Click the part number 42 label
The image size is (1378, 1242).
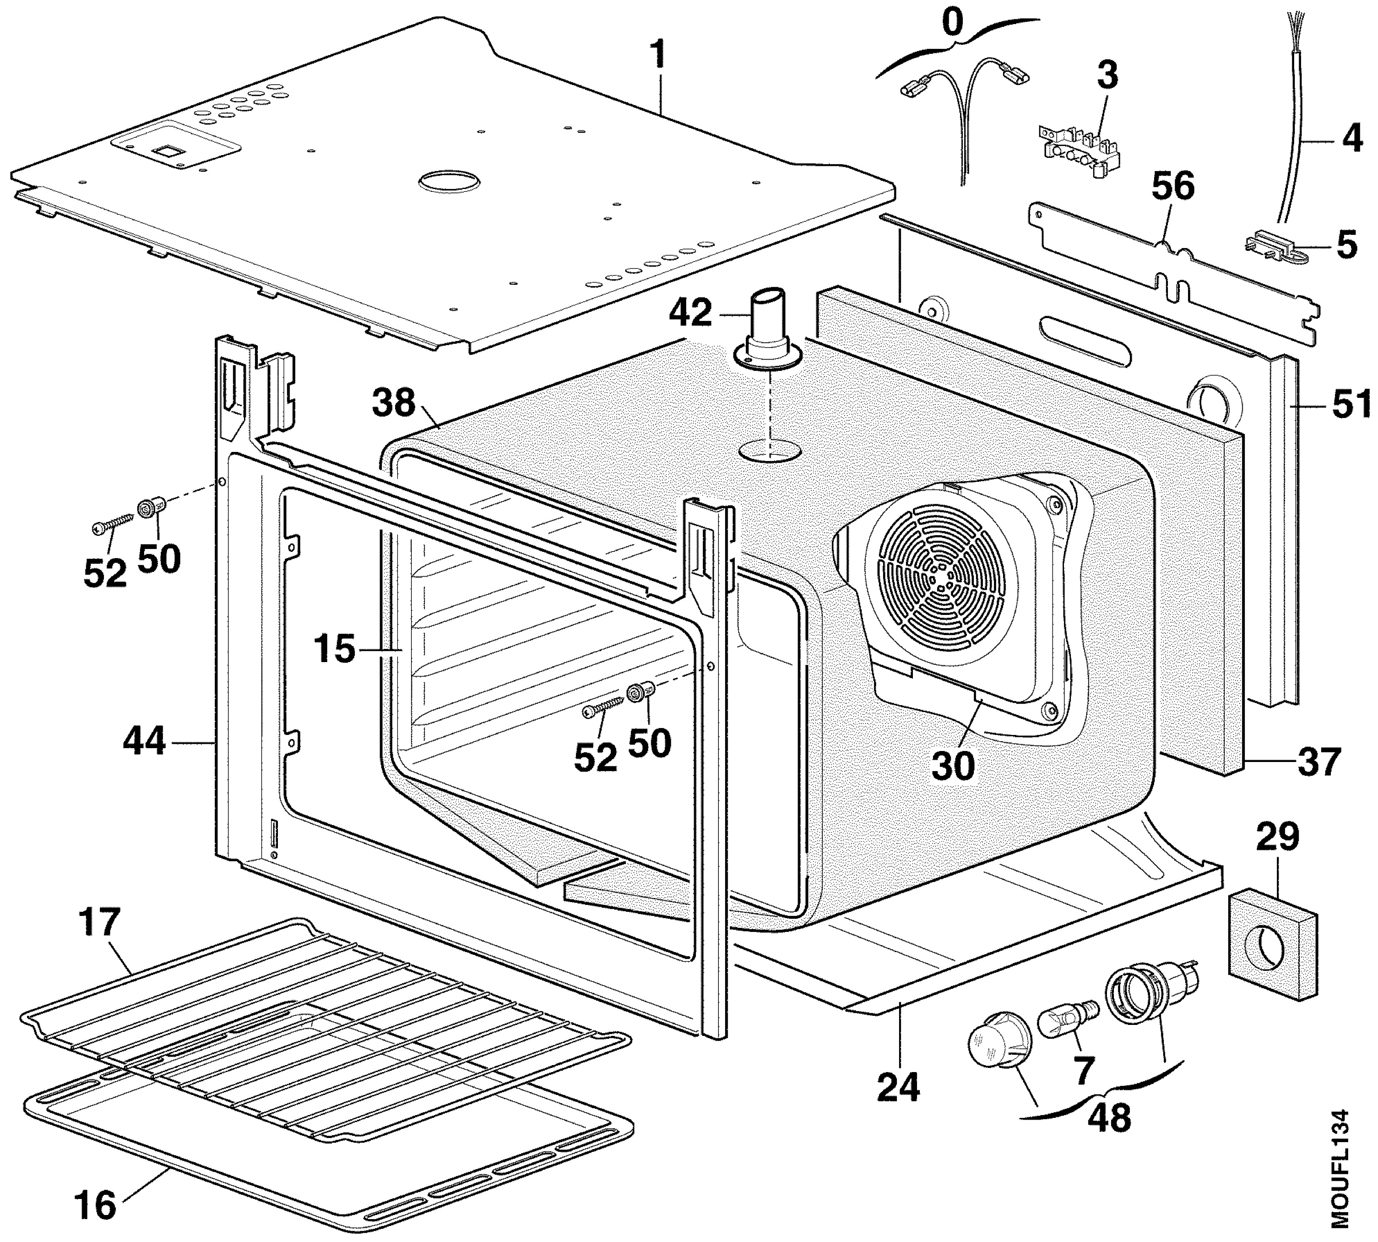click(x=691, y=314)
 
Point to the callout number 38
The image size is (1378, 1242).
click(x=394, y=403)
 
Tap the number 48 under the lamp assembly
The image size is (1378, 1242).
click(x=1109, y=1119)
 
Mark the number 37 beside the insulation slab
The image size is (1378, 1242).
click(x=1319, y=761)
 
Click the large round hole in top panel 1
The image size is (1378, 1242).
click(x=448, y=181)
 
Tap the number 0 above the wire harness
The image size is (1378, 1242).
click(x=954, y=22)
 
